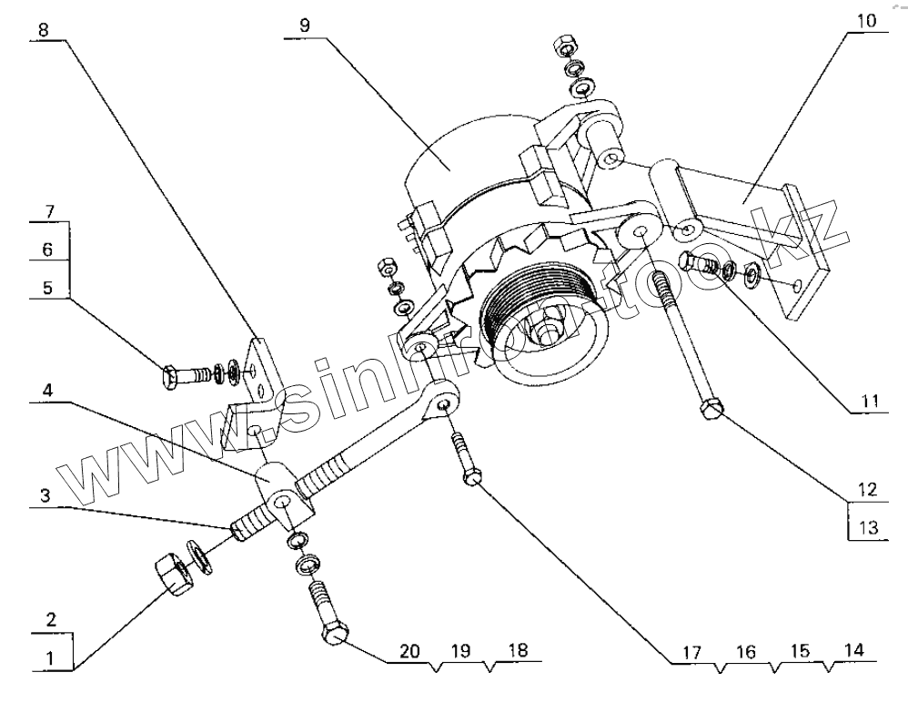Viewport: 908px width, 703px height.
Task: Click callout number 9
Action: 305,25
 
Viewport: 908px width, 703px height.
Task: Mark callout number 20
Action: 410,651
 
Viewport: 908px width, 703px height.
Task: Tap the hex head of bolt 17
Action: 471,476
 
